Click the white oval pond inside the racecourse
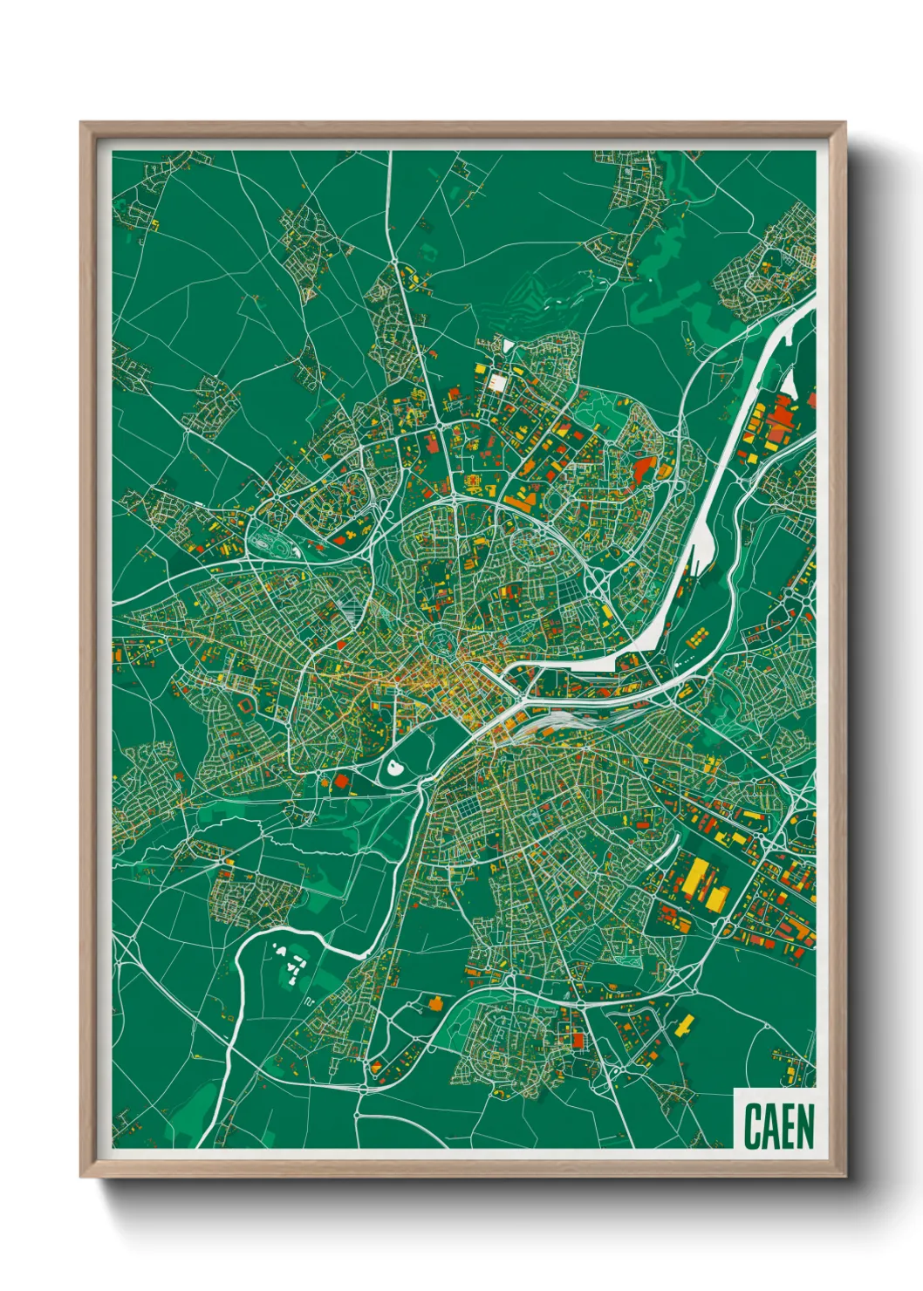(x=395, y=768)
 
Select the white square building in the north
(x=497, y=382)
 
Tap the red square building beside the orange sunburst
(x=341, y=780)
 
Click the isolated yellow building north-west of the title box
(x=686, y=1025)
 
